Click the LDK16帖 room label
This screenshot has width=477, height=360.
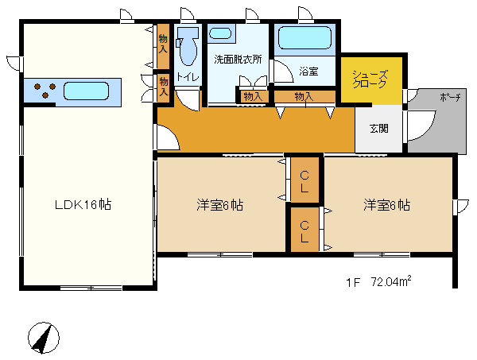point(83,204)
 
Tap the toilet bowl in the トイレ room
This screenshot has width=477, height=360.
point(188,47)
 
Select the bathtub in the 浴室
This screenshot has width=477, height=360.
point(304,38)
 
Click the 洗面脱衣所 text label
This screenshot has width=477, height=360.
point(238,60)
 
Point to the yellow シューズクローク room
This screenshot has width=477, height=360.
point(371,79)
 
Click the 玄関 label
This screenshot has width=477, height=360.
point(379,128)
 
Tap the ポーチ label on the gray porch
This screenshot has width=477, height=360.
point(450,97)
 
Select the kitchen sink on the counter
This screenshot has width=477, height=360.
point(87,91)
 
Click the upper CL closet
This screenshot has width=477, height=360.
point(304,180)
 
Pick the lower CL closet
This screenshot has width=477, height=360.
point(304,230)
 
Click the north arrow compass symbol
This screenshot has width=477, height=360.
point(44,338)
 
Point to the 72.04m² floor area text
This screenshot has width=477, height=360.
point(391,281)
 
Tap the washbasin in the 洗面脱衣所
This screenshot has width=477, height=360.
point(220,33)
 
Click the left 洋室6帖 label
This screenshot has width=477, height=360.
point(219,205)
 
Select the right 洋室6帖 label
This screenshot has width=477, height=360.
point(386,205)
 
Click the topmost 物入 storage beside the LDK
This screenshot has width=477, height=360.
point(163,46)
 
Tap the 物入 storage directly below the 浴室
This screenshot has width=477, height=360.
point(304,97)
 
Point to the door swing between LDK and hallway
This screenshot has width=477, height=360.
point(169,137)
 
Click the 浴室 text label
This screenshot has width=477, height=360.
point(308,72)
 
